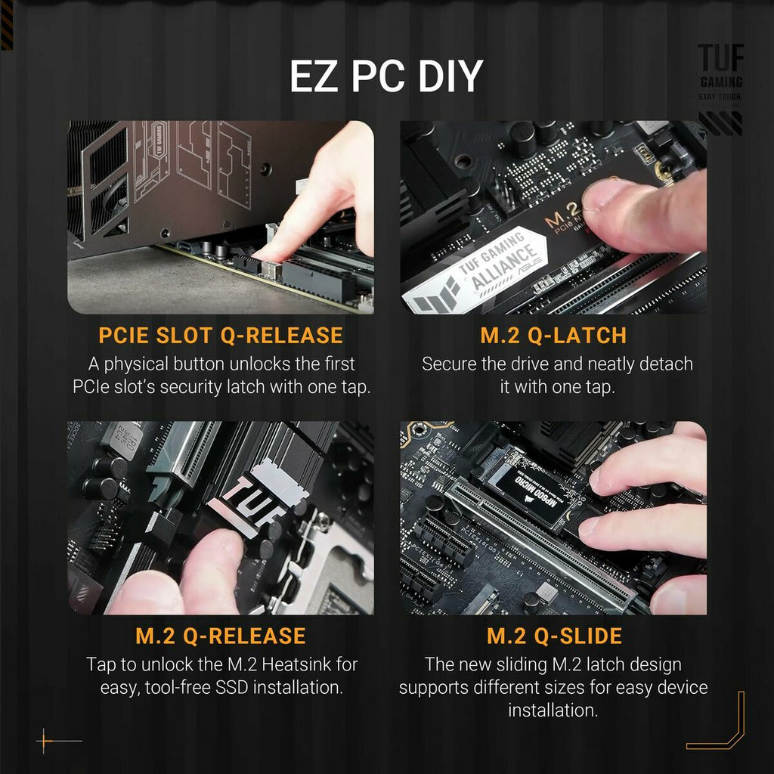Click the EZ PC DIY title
(386, 76)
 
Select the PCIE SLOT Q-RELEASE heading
(221, 335)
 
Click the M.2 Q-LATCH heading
(553, 335)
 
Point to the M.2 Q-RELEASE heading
(221, 636)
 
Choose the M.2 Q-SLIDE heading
(554, 636)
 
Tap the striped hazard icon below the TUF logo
(720, 122)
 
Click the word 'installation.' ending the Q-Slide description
(553, 711)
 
